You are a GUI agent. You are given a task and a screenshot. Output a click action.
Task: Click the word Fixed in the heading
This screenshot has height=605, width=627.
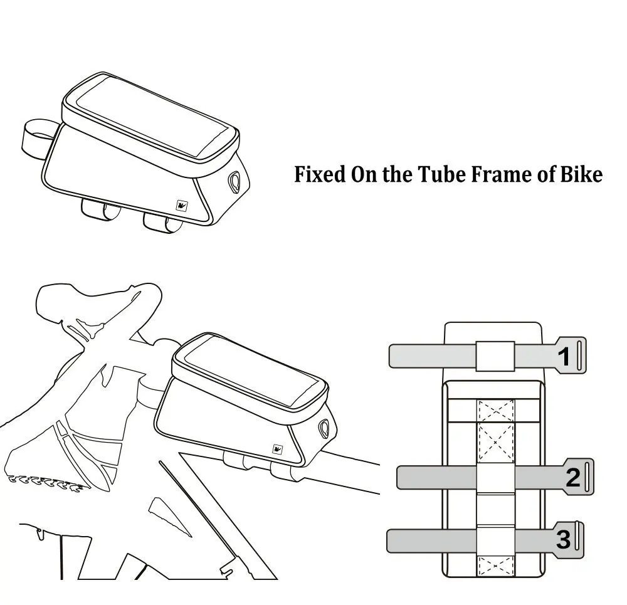click(x=319, y=174)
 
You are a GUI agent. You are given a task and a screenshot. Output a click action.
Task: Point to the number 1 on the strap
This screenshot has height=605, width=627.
click(x=564, y=357)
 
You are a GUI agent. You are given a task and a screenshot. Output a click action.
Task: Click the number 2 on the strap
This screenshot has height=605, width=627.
click(x=572, y=478)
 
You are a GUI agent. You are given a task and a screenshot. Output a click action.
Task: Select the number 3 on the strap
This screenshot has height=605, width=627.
click(x=563, y=539)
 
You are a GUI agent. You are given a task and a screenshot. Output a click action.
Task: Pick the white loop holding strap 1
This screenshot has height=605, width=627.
click(x=495, y=356)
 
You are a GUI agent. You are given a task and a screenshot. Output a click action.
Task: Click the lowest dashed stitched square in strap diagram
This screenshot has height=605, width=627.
click(x=495, y=565)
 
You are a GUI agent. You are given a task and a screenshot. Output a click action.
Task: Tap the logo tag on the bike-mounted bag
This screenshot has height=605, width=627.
click(x=275, y=449)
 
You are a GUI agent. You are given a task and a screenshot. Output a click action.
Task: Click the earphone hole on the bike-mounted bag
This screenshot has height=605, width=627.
click(x=325, y=428)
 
